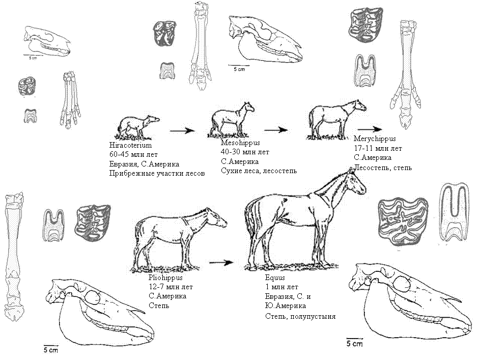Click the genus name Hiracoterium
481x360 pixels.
(130, 145)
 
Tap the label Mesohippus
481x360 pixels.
(240, 143)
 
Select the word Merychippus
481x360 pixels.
(375, 139)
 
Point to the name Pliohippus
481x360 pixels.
(165, 278)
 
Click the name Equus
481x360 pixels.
(275, 278)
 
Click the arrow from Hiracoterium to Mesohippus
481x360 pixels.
(182, 131)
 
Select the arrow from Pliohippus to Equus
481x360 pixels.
(221, 263)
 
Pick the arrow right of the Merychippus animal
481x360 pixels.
(370, 129)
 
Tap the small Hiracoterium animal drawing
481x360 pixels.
(137, 127)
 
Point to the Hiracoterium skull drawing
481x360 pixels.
(47, 41)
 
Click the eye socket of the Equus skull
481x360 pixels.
(402, 284)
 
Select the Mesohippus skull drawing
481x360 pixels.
(265, 39)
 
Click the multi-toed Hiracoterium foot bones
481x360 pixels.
(71, 100)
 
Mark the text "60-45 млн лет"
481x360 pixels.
(133, 155)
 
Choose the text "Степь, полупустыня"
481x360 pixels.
(300, 316)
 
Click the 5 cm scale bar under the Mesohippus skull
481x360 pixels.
(239, 65)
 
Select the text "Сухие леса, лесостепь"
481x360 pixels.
(259, 171)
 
